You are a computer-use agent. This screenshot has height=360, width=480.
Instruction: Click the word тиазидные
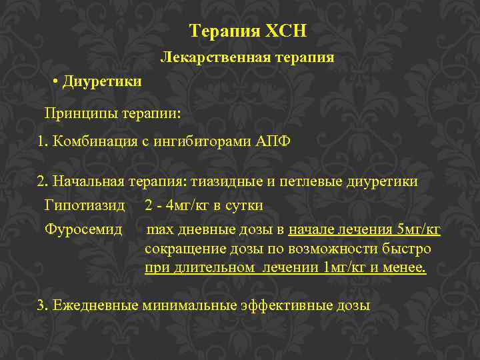click(224, 181)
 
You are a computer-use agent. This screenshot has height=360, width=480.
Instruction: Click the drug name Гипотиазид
click(84, 205)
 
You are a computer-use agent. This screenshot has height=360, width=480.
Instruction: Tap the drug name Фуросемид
click(83, 230)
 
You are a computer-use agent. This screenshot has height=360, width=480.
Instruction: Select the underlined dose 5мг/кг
click(419, 231)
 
